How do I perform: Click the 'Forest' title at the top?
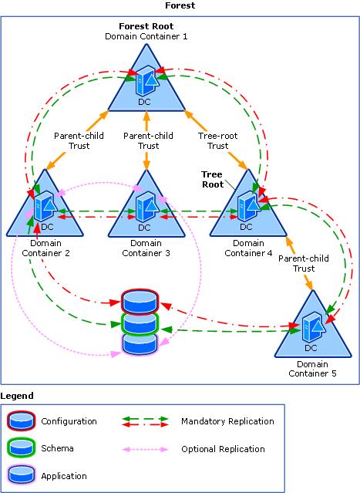[180, 5]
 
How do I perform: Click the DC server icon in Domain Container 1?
[146, 81]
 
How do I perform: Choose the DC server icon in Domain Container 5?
[313, 327]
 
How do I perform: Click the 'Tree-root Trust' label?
[219, 140]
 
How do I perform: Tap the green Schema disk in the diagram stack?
[140, 322]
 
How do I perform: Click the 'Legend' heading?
[16, 395]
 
